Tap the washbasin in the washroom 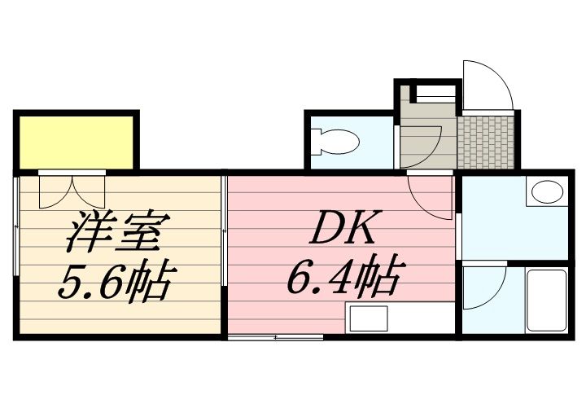pyautogui.click(x=544, y=193)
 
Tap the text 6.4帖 pyautogui.click(x=341, y=279)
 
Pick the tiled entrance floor pyautogui.click(x=486, y=139)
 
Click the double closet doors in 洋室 pyautogui.click(x=72, y=189)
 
